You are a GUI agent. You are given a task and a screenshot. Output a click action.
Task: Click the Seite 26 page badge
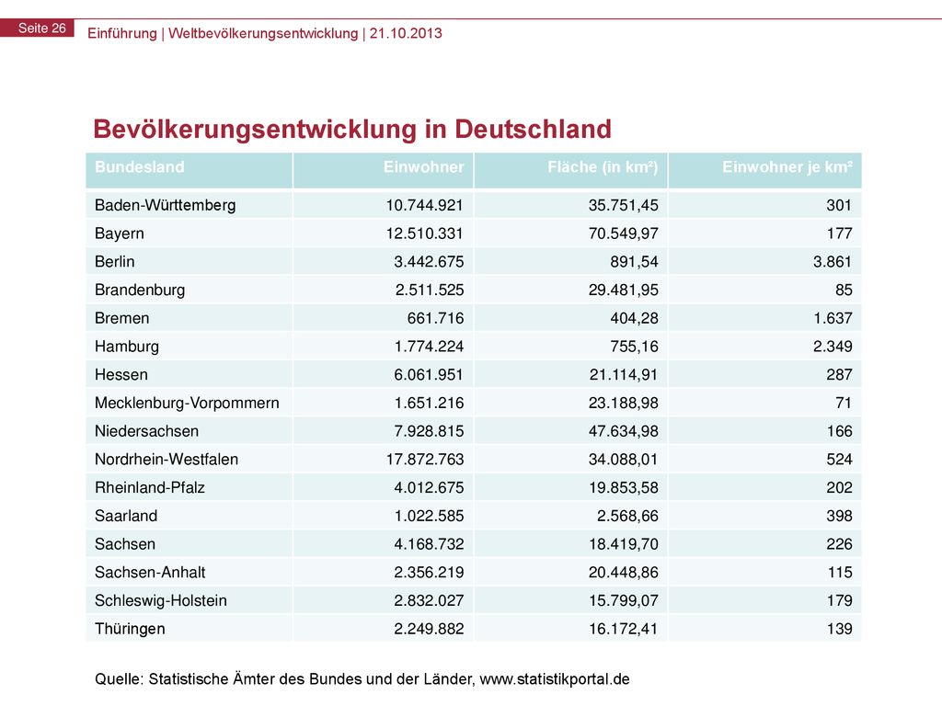coord(37,28)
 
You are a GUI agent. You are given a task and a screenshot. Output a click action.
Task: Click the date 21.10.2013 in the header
coord(406,33)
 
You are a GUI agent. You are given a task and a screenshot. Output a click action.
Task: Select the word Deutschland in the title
coord(533,129)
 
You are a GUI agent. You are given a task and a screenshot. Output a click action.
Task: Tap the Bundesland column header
coord(140,167)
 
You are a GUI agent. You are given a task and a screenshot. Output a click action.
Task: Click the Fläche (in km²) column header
coord(603,167)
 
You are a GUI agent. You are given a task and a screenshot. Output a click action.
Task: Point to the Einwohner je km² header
coord(787,167)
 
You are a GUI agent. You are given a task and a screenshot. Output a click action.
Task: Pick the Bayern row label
coord(119,233)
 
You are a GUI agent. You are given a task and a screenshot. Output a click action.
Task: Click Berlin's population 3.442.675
coord(429,262)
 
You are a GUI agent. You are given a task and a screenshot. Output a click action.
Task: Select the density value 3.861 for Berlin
coord(833,262)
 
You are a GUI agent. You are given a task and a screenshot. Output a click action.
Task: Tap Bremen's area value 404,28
coord(635,318)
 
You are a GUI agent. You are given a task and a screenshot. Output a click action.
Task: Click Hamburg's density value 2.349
coord(833,347)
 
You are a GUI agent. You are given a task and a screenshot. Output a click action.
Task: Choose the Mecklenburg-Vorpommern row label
coord(187,403)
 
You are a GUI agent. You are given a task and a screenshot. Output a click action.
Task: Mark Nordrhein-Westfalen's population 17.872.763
coord(425,460)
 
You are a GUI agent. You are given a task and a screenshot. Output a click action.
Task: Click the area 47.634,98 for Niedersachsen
coord(624,431)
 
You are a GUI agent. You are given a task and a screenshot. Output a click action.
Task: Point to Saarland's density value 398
coord(839,516)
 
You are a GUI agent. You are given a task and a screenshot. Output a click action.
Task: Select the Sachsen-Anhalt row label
coord(150,572)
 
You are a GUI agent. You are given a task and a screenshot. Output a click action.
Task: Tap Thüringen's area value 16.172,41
coord(624,629)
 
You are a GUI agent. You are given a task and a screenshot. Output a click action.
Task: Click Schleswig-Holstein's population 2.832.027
coord(429,600)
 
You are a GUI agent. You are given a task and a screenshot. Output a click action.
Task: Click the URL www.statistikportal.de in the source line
coord(555,679)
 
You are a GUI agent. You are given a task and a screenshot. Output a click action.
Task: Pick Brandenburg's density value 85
coord(844,290)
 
